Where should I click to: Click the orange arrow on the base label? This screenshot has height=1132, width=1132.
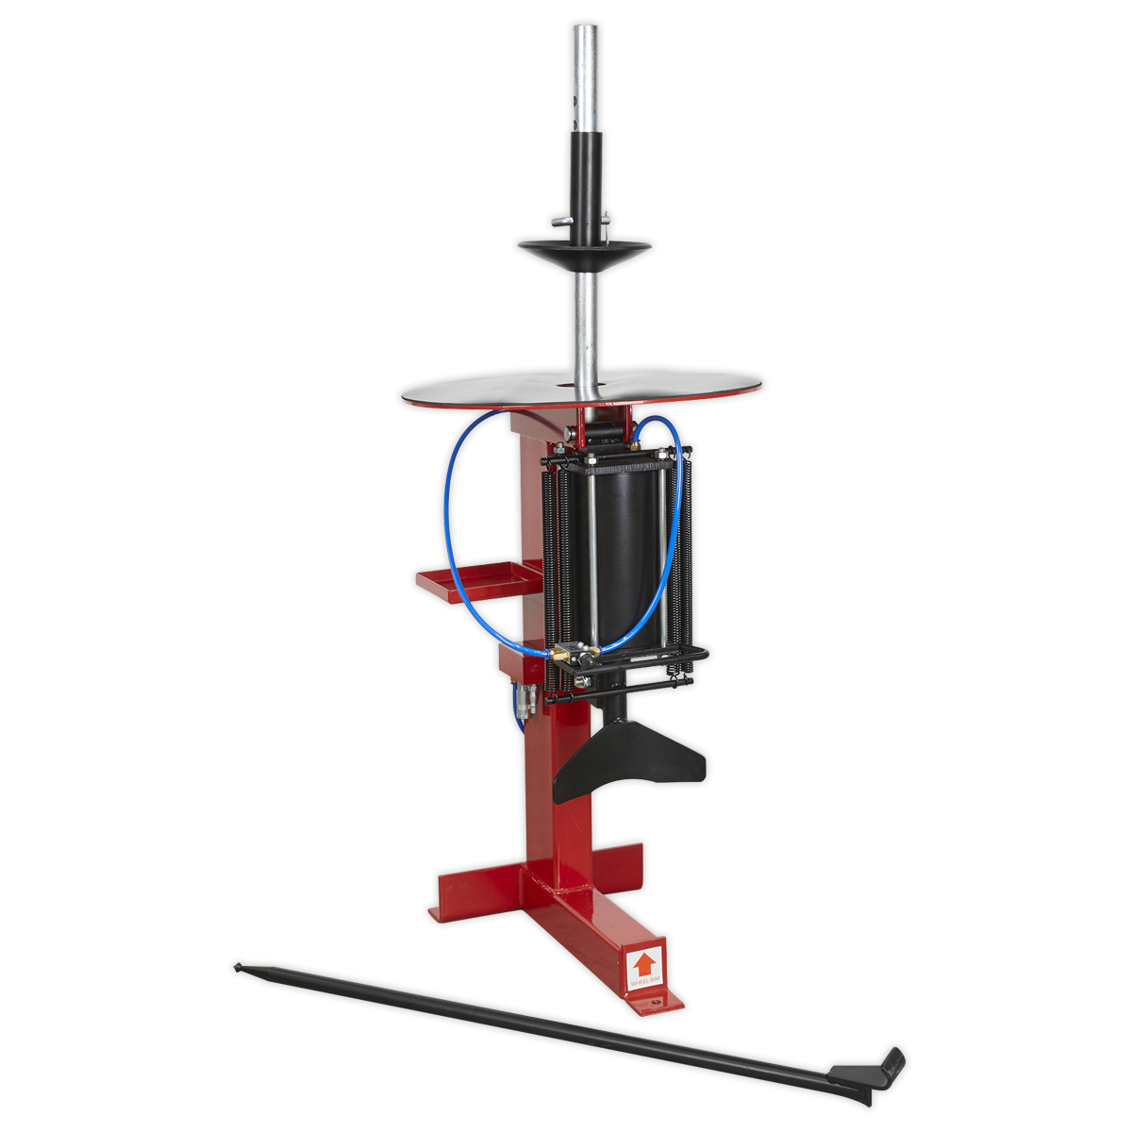pos(643,964)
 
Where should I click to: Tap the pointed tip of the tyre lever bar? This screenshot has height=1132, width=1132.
pos(238,966)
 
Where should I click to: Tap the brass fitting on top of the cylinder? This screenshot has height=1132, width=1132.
pos(638,440)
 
